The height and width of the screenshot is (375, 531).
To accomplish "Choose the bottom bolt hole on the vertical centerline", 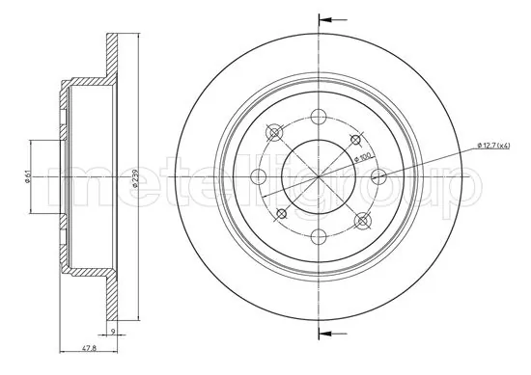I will pos(318,236).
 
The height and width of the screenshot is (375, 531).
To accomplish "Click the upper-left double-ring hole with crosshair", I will pos(275,133).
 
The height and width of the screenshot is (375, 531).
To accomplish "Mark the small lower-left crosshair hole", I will pos(282,212).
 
